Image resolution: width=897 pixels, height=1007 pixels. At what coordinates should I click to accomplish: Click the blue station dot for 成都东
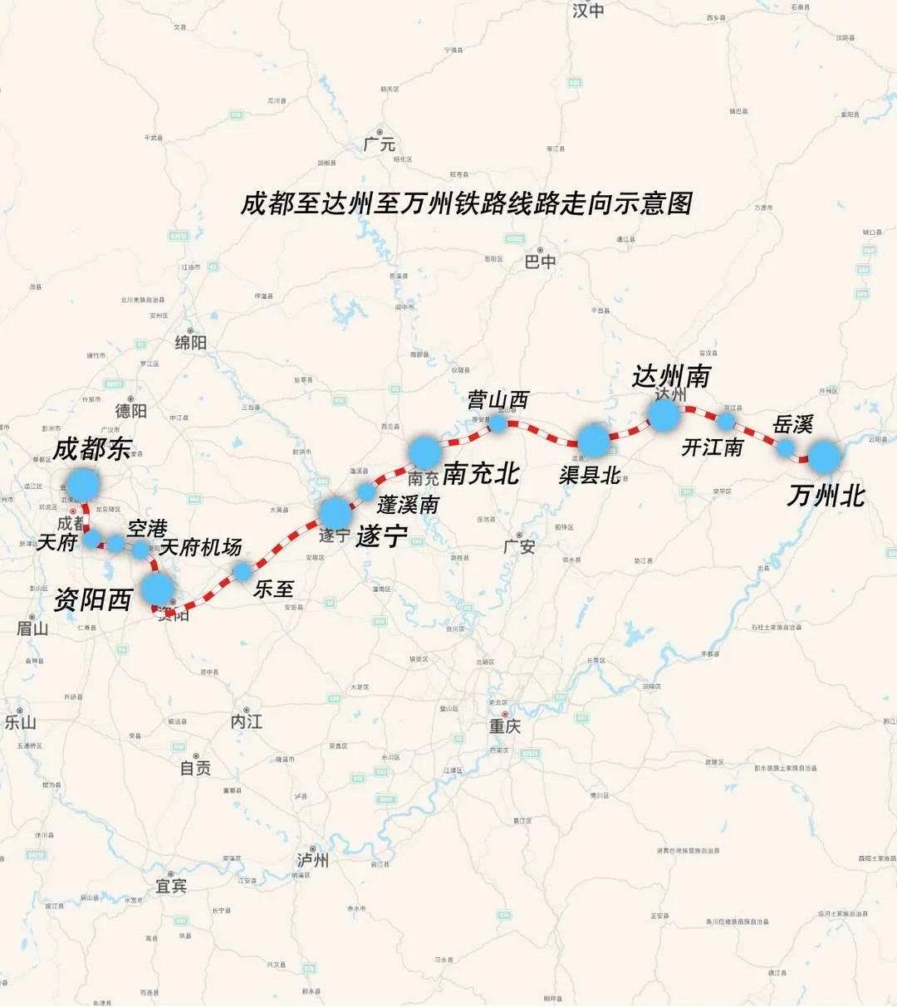pos(83,483)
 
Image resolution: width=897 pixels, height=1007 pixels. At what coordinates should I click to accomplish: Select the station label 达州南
pos(671,376)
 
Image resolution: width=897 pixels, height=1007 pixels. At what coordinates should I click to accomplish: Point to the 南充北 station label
pos(481,473)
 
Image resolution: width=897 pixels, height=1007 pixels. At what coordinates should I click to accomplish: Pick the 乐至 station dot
pos(243,571)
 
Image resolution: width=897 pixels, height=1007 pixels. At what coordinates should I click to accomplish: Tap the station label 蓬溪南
pos(408,504)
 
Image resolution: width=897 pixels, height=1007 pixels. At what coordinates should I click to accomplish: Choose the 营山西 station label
pos(498,400)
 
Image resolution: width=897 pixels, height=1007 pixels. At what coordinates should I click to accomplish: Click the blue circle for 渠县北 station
pos(594,440)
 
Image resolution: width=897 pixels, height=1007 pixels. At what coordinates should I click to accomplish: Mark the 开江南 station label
pos(712,447)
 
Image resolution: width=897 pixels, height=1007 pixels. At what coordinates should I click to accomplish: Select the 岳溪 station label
pos(792,425)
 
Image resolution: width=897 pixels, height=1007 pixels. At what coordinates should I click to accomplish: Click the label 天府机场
pos(200,547)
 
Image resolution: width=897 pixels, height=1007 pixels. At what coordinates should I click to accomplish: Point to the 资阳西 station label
pos(93,599)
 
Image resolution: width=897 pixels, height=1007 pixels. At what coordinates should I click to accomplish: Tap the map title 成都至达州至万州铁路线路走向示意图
pos(467,203)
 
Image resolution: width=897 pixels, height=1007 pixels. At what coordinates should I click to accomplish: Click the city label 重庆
pos(504,726)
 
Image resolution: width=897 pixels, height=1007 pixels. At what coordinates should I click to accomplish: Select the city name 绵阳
pos(190,342)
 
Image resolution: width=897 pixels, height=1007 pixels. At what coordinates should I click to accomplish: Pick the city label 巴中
pos(541,262)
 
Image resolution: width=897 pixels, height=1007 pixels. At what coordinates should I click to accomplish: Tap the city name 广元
pos(380,144)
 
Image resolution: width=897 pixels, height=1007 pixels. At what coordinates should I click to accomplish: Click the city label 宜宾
pos(171,886)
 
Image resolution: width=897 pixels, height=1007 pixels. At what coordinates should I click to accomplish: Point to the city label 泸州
pos(313,860)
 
